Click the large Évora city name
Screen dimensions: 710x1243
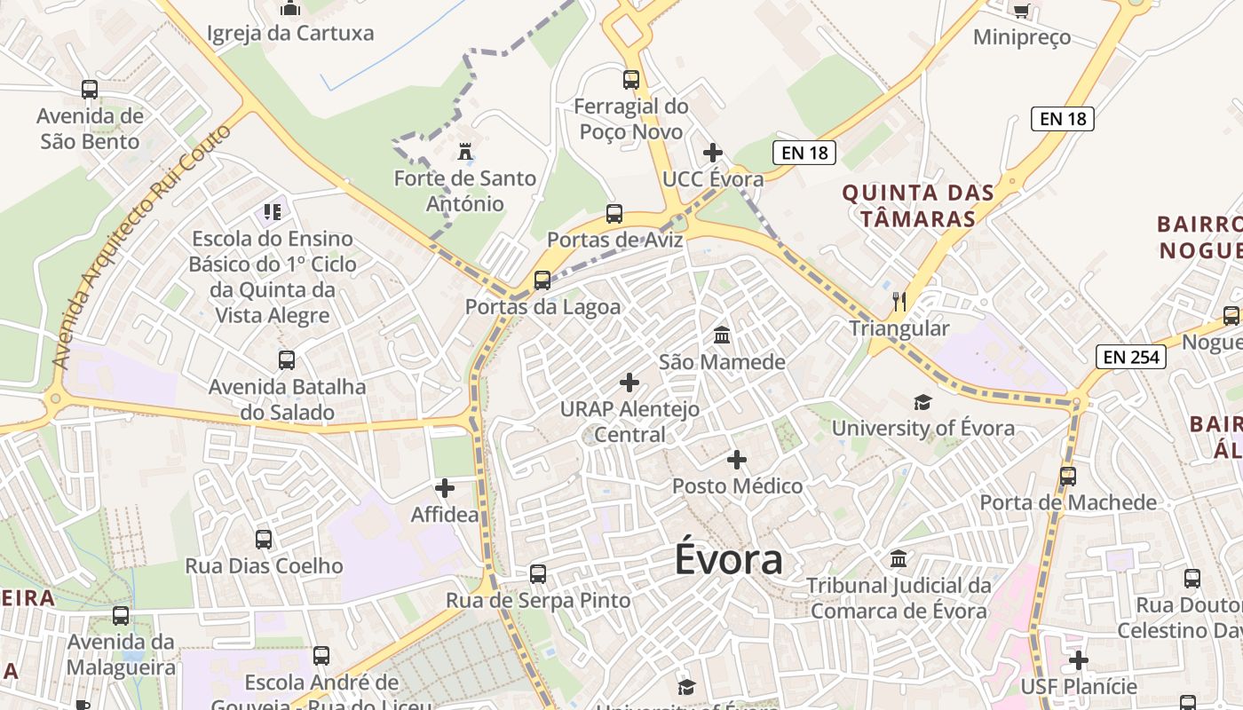click(x=729, y=560)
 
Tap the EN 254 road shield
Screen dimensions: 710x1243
click(x=1130, y=357)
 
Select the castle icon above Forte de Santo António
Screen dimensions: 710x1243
click(x=464, y=153)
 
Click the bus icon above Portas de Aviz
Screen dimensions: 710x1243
click(x=614, y=214)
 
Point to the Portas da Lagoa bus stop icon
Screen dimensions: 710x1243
click(x=542, y=280)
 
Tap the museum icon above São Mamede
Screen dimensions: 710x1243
click(x=722, y=336)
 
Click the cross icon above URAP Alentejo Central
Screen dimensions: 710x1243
click(x=629, y=383)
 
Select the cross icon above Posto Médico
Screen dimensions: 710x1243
click(x=737, y=461)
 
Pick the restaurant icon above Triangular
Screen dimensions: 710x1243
click(x=899, y=302)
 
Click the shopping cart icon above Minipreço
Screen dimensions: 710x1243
click(x=1021, y=11)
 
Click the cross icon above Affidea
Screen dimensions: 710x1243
click(x=445, y=488)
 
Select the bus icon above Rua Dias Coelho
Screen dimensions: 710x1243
click(x=264, y=540)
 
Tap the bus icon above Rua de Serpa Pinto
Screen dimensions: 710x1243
click(x=538, y=574)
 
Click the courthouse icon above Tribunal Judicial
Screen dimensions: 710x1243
click(x=899, y=560)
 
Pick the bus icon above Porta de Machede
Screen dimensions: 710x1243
click(x=1068, y=477)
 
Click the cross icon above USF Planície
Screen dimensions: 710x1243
click(x=1079, y=661)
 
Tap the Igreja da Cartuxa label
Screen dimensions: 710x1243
click(x=290, y=34)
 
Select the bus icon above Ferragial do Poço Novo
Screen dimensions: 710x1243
click(x=631, y=80)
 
